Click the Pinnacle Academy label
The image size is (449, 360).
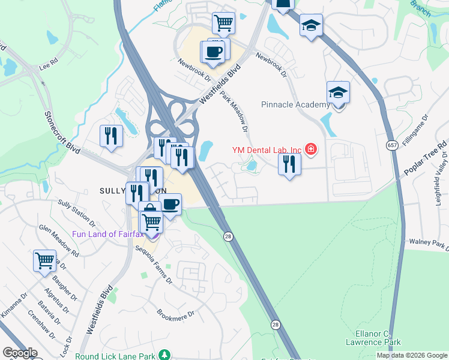(x=295, y=104)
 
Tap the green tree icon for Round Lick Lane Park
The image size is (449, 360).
(x=163, y=355)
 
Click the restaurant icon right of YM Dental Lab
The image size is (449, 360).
(x=289, y=164)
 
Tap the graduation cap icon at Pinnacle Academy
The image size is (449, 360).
(x=338, y=93)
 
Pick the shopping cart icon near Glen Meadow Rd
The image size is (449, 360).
(x=44, y=260)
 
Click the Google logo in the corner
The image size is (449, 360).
(x=20, y=353)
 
